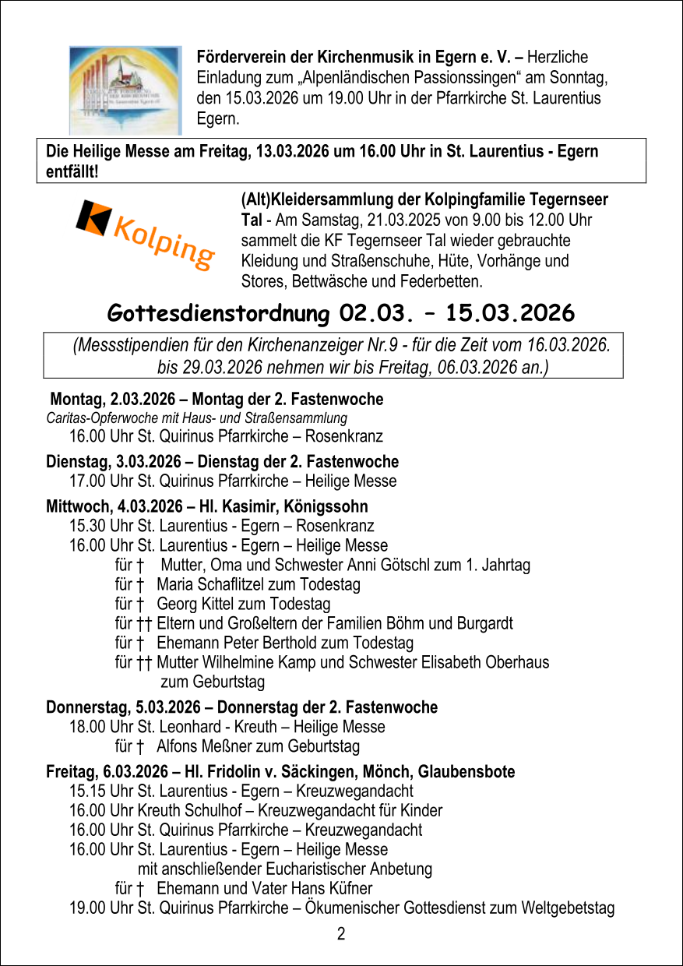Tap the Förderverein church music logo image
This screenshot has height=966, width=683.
pos(125,90)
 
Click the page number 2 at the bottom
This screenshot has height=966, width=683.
pos(341,934)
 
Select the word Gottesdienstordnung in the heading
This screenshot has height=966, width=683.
pos(219,313)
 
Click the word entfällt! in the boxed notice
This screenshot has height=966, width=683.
pos(72,171)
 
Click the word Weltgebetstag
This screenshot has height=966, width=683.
pos(568,908)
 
